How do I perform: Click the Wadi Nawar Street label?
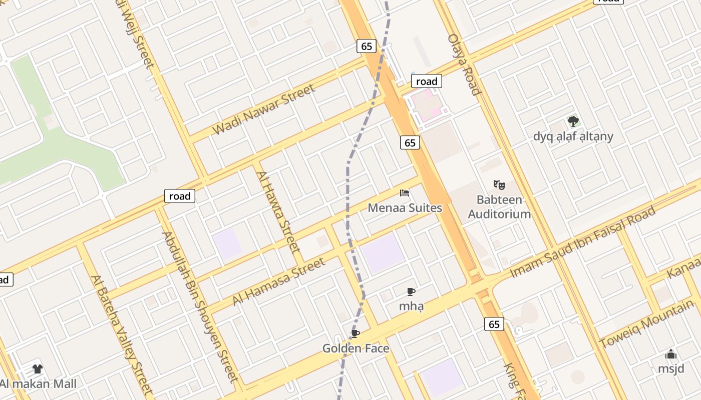coord(264,109)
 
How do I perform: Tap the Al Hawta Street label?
coord(278,211)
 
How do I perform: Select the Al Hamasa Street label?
coord(279,281)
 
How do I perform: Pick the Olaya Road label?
coord(464,64)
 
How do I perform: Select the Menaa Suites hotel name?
coord(405,207)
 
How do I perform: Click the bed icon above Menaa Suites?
coord(405,193)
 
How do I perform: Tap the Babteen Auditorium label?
coord(499,207)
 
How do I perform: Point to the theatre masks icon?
coord(499,185)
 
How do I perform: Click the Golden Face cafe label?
coord(356,348)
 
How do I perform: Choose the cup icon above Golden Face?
coord(356,334)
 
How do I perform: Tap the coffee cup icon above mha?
coord(411,291)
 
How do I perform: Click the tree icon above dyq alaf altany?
coord(573,121)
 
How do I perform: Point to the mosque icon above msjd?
coord(671,354)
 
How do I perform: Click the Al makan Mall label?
coord(38,384)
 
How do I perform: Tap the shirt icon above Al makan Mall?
coord(38,369)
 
